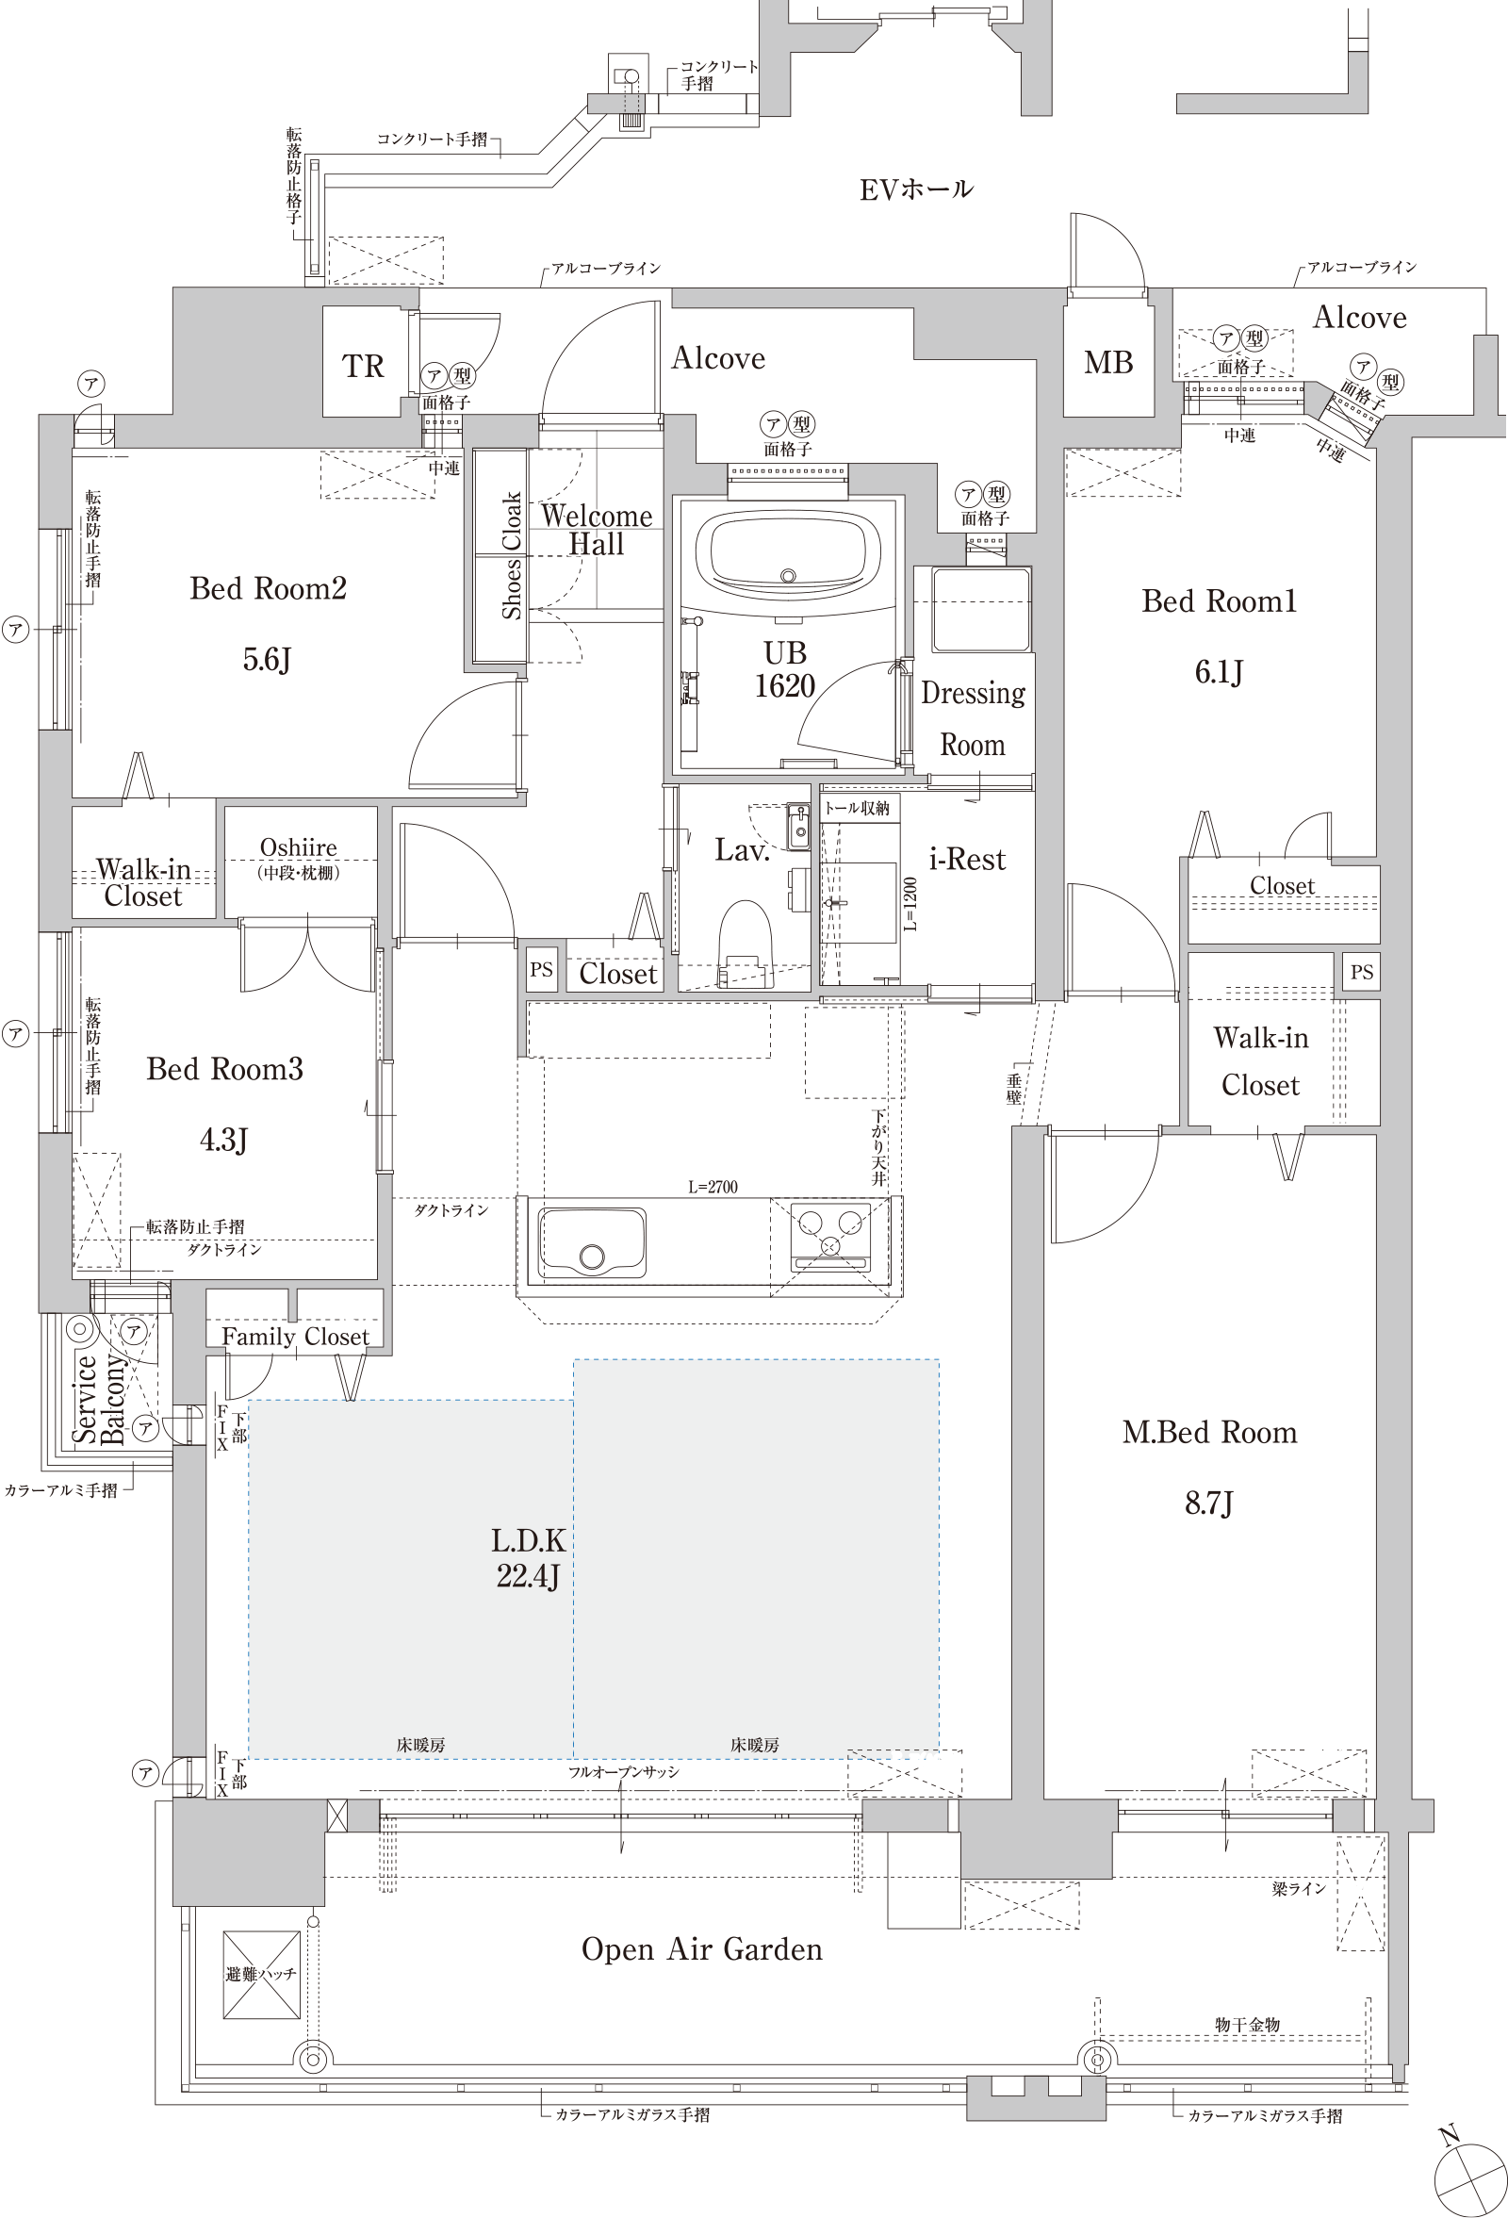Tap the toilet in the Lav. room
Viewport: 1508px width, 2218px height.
746,942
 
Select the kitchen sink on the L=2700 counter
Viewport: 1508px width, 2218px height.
592,1241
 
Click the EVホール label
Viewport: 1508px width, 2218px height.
915,189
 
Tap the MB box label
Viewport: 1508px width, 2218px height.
1108,363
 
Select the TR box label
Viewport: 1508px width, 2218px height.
363,367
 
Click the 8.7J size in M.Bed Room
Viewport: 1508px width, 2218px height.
1208,1503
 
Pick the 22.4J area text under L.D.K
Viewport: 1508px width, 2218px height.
528,1576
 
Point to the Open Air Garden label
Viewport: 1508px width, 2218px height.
701,1948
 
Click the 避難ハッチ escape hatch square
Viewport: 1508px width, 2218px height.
261,1975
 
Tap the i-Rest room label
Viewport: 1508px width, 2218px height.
967,859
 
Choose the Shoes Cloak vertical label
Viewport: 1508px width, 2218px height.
512,555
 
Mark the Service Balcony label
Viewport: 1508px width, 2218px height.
99,1399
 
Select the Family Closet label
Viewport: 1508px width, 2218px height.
295,1336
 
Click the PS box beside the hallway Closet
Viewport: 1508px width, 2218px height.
541,970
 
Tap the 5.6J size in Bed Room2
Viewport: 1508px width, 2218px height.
267,660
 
